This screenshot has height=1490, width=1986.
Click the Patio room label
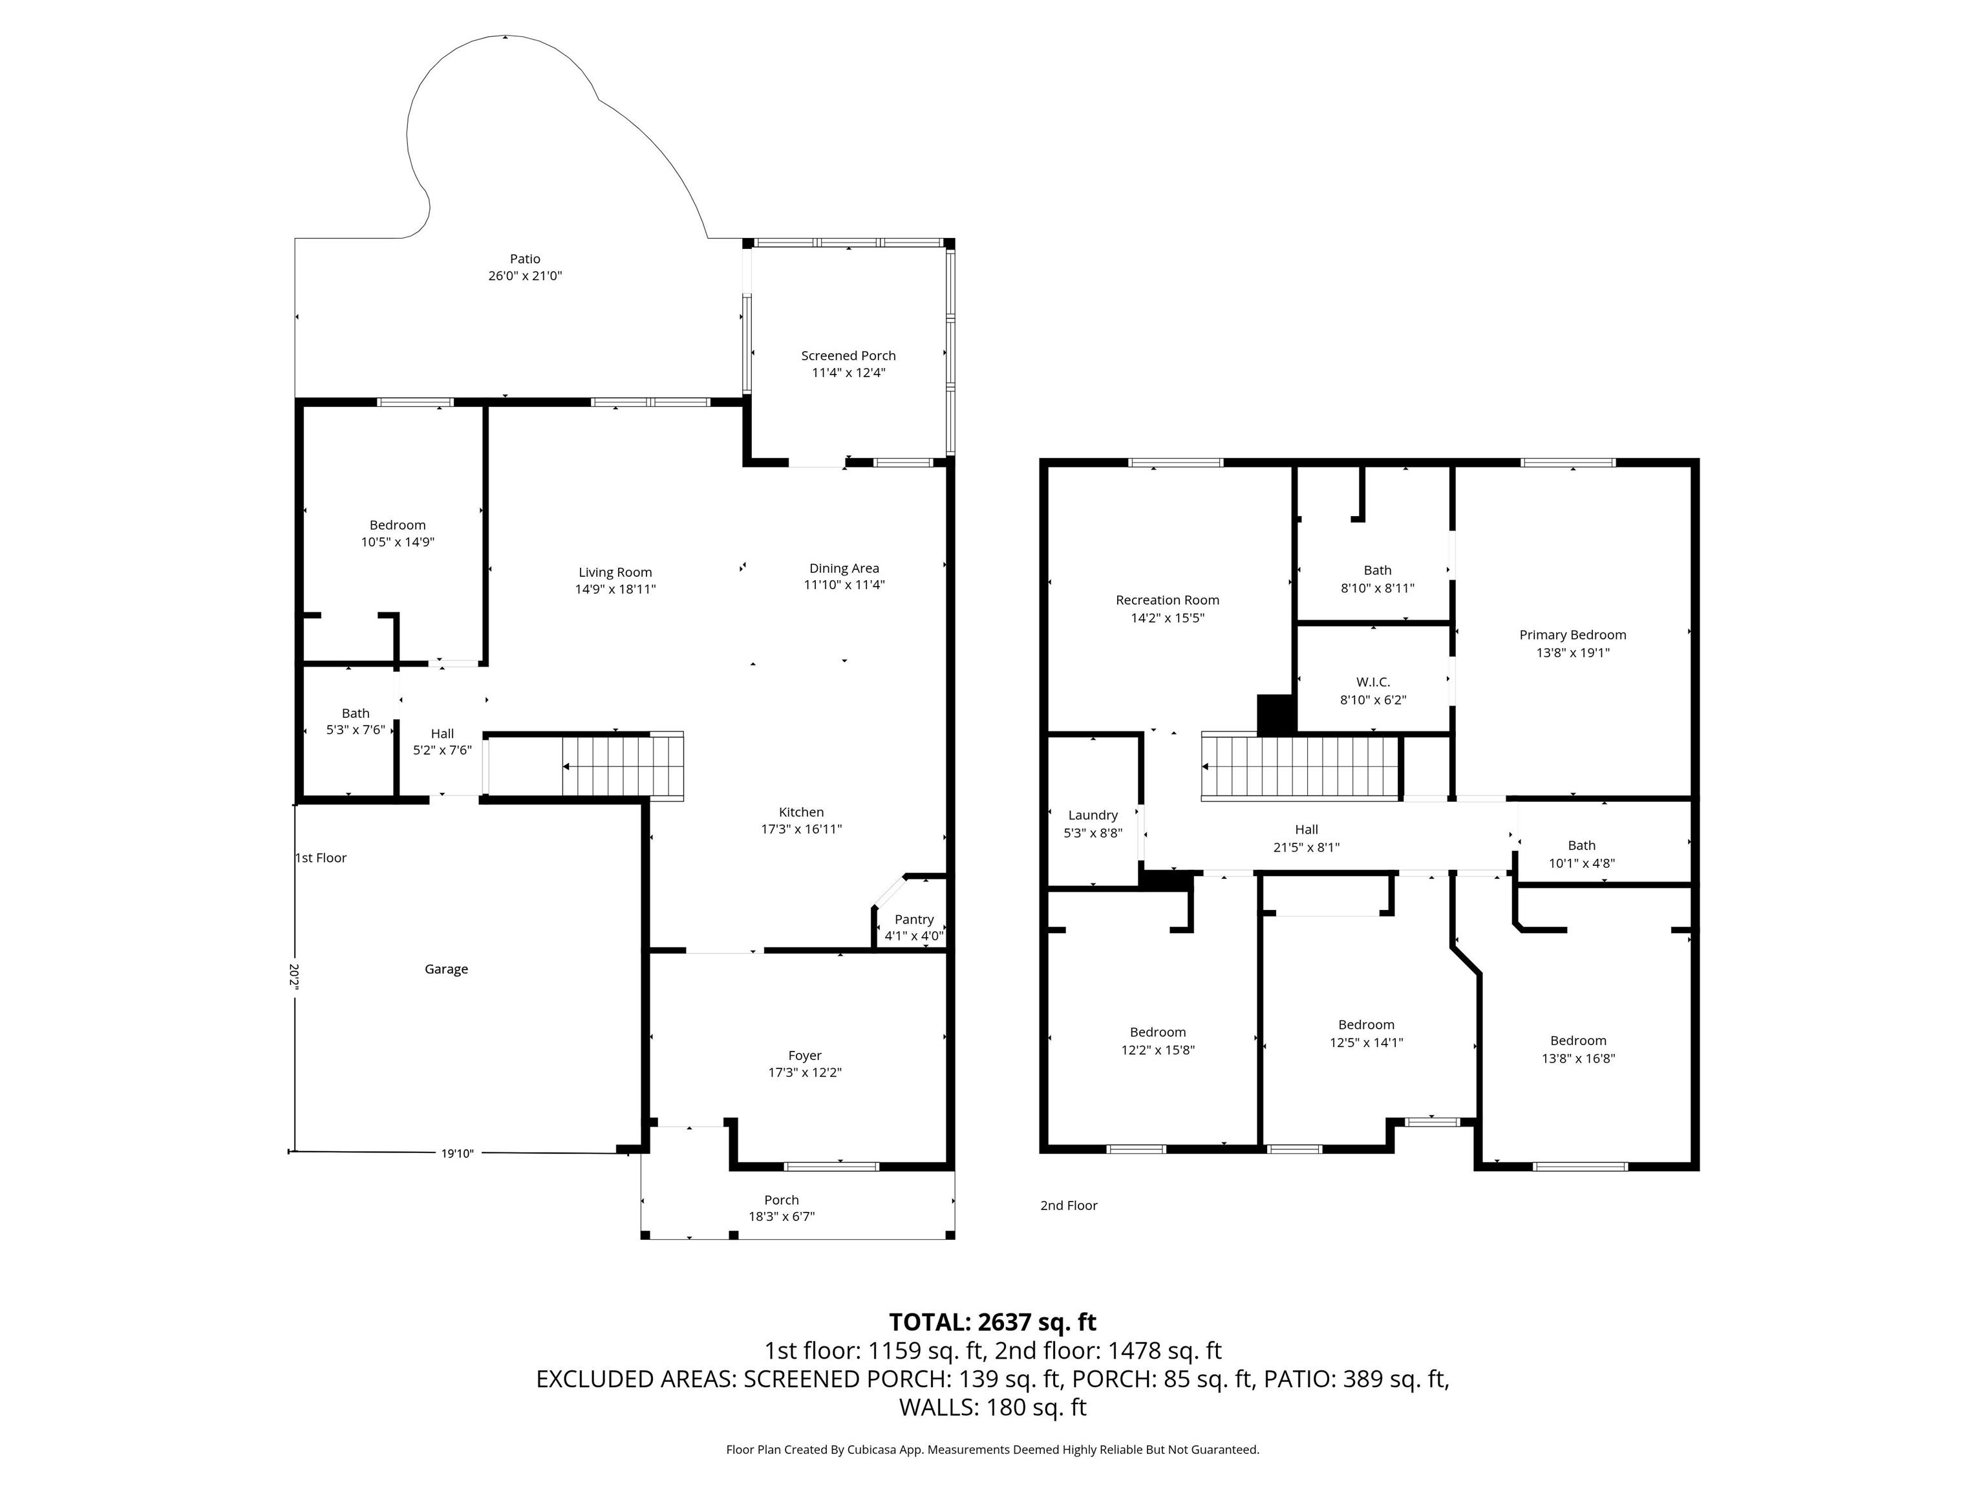pos(525,259)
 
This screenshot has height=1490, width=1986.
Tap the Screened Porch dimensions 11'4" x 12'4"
pos(848,372)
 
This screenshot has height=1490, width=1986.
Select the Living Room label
pos(615,572)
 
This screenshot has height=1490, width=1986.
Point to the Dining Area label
pos(844,568)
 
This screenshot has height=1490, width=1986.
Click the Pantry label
pos(914,920)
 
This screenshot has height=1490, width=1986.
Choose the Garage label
pos(446,969)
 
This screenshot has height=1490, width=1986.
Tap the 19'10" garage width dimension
pos(457,1154)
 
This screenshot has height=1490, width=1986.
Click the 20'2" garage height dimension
pos(294,977)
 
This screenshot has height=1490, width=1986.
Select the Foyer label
pos(804,1055)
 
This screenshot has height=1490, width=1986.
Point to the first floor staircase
pos(623,767)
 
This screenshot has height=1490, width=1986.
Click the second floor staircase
pos(1300,767)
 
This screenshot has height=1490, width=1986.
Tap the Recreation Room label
pos(1167,600)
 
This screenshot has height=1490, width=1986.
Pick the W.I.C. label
pos(1372,682)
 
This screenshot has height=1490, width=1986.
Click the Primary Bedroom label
pos(1572,635)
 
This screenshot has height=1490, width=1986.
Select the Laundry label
pos(1093,815)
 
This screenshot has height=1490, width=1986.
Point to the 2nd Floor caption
pos(1069,1205)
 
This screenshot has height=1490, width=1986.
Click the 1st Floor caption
pos(321,858)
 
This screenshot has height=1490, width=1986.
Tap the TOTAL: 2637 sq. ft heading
pos(992,1322)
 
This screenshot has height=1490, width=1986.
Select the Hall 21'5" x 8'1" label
pos(1307,838)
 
